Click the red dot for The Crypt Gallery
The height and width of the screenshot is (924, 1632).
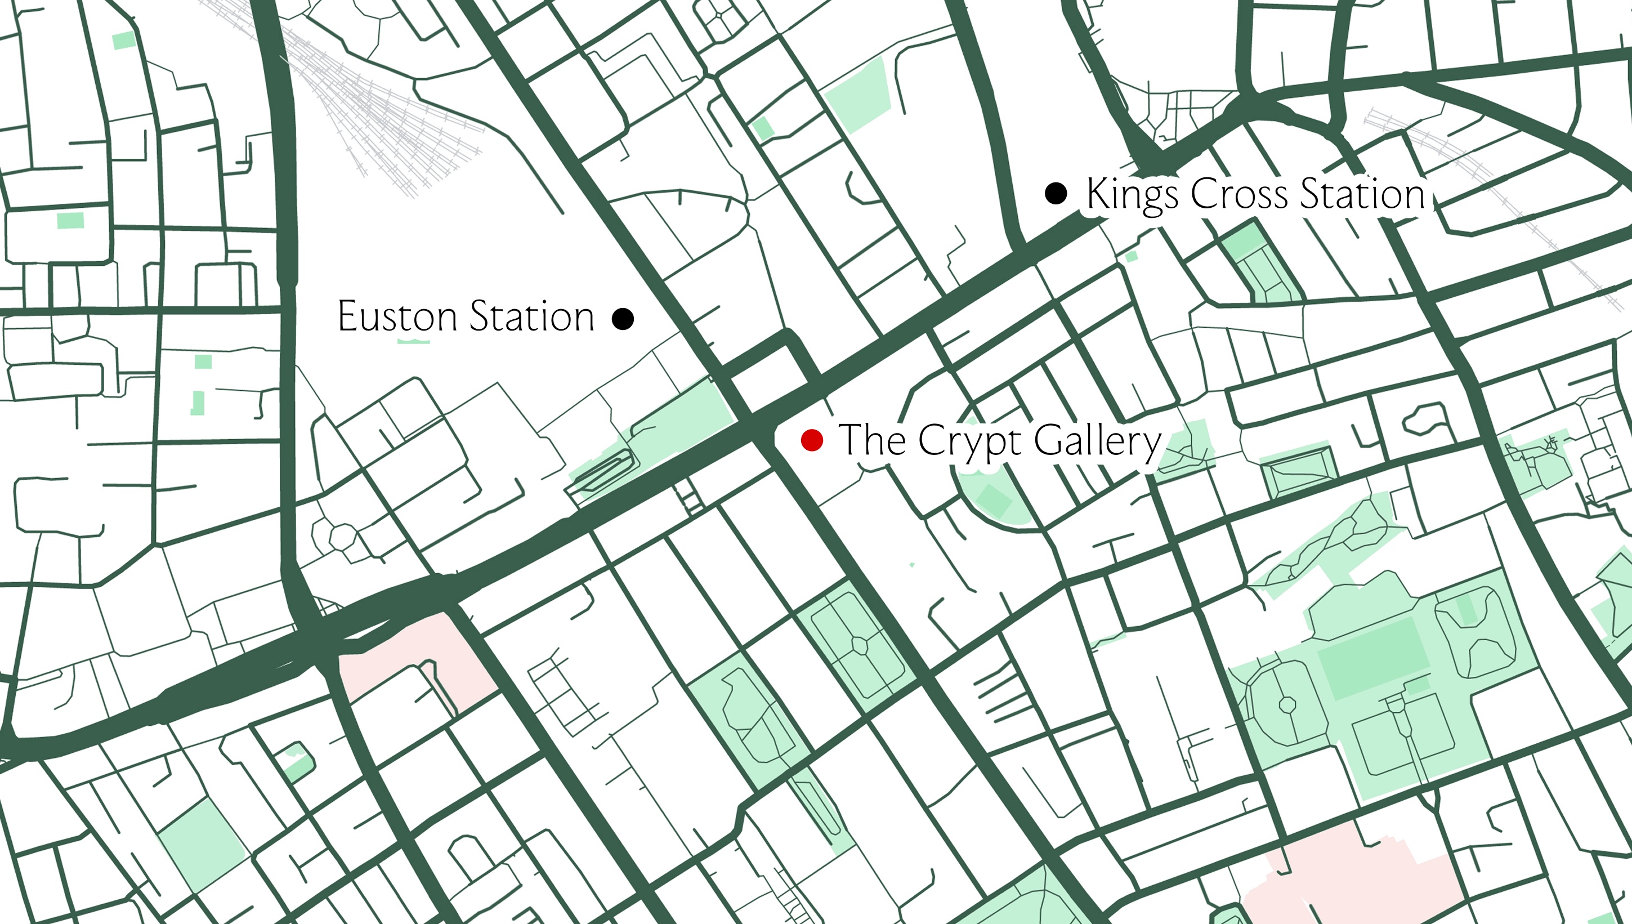coord(812,440)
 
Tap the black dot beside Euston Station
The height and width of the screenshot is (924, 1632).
coord(623,318)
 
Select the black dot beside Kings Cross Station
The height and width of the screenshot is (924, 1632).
coord(1056,193)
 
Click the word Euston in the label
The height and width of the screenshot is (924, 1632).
coord(396,316)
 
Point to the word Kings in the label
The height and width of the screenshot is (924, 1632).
coord(1133,194)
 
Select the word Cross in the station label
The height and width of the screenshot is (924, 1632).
coord(1240,193)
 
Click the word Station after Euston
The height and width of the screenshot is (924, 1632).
coord(531,316)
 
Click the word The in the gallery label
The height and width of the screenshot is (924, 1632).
coord(872,439)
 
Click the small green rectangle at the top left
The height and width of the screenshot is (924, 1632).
coord(124,40)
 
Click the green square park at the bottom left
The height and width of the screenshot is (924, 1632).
coord(202,844)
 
